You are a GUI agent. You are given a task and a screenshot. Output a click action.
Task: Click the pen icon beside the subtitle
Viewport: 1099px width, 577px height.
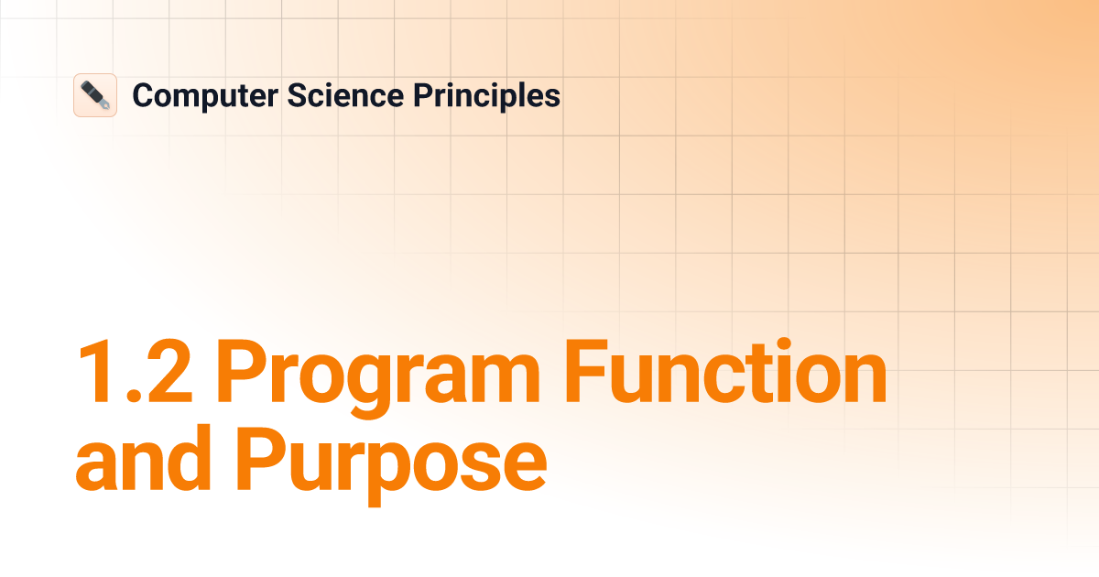[x=95, y=95]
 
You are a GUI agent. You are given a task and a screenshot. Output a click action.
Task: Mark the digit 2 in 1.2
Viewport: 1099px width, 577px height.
[x=170, y=373]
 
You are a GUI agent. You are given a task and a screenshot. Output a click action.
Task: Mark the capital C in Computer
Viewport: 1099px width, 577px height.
[x=143, y=95]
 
